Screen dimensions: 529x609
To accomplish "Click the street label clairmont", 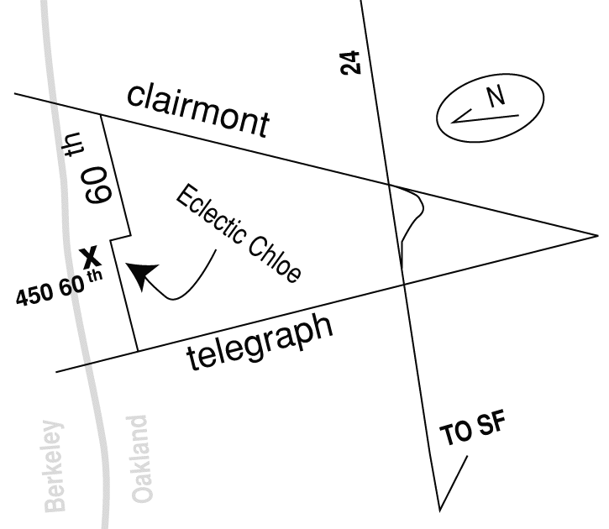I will point(199,110).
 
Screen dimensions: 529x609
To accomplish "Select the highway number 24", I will point(354,62).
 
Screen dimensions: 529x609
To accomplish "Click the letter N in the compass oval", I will point(496,98).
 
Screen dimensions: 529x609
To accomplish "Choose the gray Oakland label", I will point(143,458).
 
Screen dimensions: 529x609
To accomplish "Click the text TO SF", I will point(473,432).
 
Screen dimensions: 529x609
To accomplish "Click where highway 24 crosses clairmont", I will point(390,184).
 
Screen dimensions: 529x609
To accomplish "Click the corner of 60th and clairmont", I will point(102,115).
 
